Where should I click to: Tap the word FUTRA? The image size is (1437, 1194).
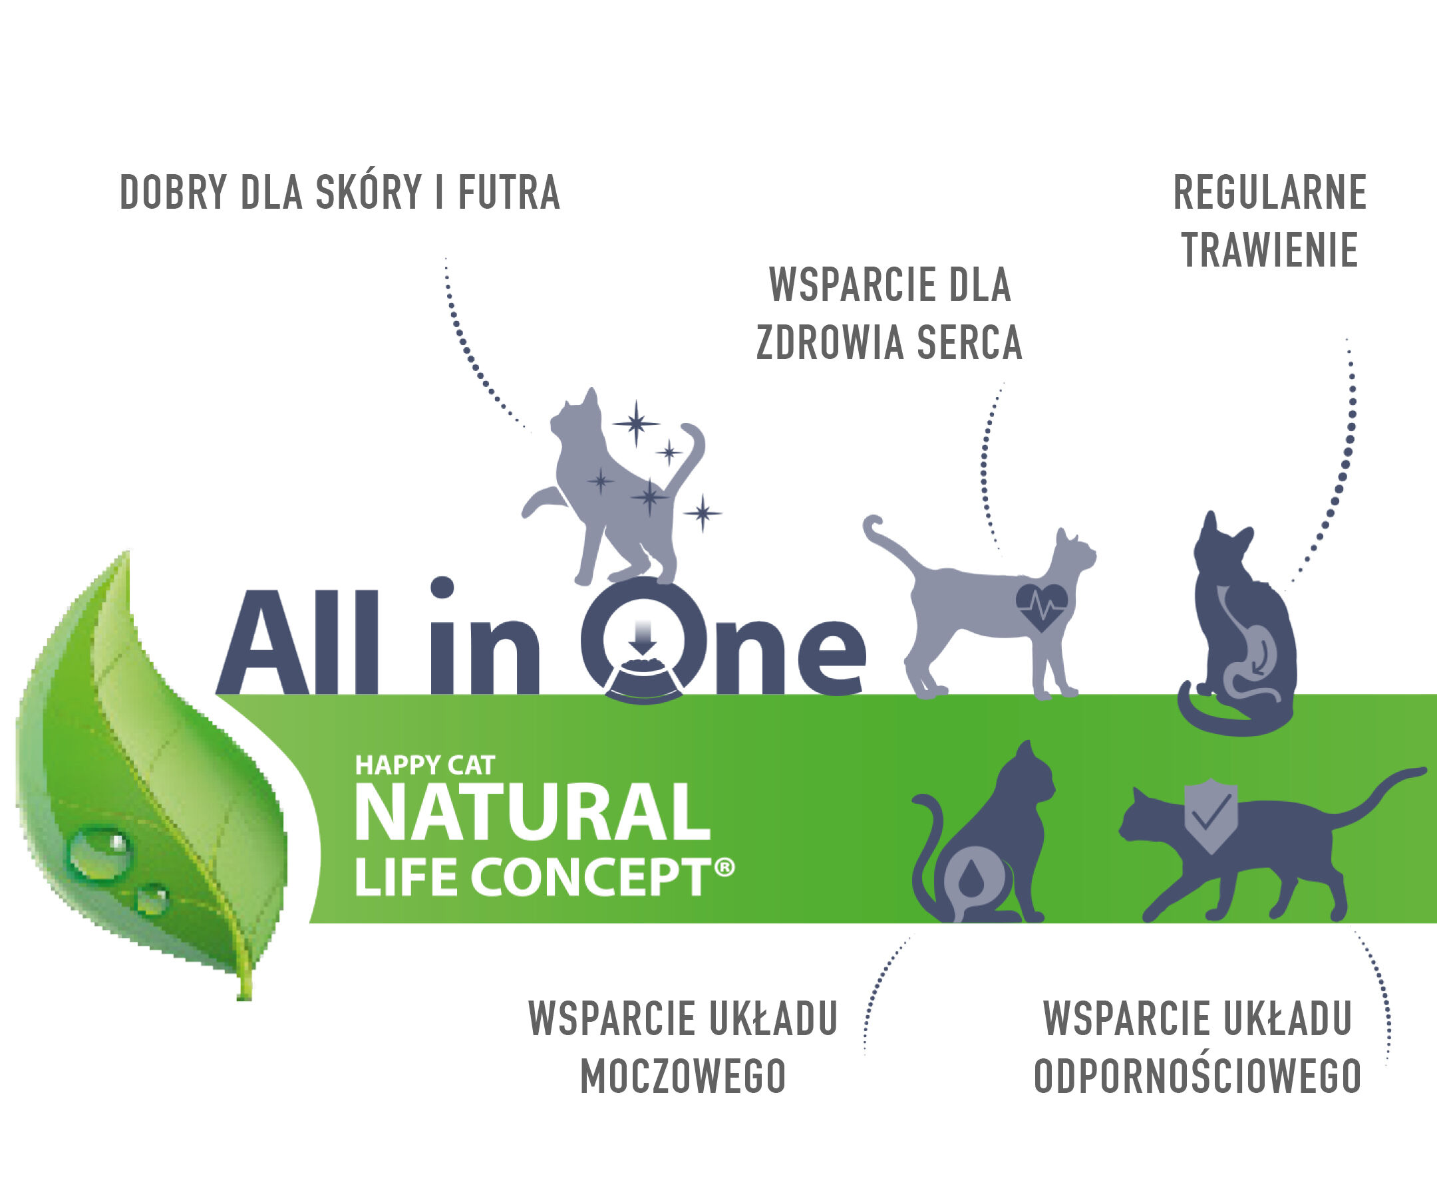point(509,192)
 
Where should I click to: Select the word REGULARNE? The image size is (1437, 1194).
point(1270,193)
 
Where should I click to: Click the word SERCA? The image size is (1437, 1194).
point(969,342)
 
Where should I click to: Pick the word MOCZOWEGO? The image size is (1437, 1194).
point(683,1077)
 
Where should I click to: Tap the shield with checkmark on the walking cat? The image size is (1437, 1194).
point(1211,816)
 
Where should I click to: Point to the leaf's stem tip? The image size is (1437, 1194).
point(244,999)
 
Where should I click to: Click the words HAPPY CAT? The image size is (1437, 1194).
point(424,765)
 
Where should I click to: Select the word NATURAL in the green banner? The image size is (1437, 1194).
point(533,813)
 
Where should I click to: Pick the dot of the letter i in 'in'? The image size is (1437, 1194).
point(442,588)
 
